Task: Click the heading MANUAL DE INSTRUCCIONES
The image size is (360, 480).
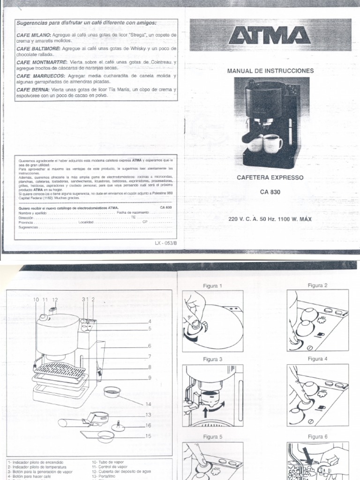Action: tap(270, 71)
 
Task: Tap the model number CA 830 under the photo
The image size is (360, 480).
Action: tap(270, 192)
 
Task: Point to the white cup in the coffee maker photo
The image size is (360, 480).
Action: tap(272, 143)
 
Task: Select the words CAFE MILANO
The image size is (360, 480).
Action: tap(32, 35)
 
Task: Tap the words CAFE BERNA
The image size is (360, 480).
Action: tap(31, 90)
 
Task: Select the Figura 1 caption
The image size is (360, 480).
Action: tap(212, 285)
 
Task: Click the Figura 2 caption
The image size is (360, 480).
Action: tap(317, 285)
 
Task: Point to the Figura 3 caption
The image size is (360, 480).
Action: tap(212, 360)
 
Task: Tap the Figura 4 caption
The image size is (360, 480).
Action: tap(317, 359)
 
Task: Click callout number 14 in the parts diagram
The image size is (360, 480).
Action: tap(149, 404)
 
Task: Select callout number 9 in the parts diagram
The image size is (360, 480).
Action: tap(149, 378)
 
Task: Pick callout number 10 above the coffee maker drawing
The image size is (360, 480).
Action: tap(36, 299)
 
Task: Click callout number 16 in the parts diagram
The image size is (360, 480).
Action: tap(149, 425)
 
